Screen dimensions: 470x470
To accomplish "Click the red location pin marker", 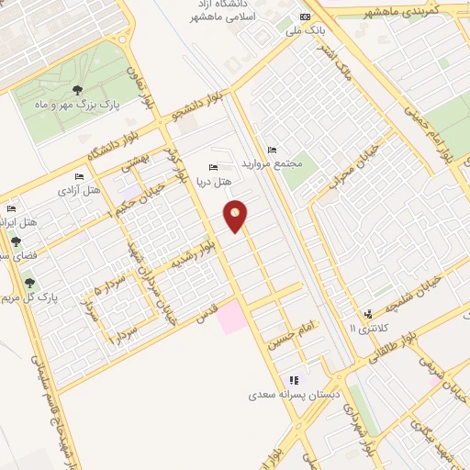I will tap(237, 216).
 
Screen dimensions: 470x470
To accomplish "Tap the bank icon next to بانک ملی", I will tap(306, 17).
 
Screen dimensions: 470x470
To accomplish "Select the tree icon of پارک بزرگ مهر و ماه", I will tap(77, 90).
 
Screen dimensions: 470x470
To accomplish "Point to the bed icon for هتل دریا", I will tap(214, 167).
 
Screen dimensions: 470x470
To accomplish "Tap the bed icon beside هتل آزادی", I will tap(79, 176).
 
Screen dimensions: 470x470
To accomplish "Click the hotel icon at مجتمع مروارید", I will tap(271, 150).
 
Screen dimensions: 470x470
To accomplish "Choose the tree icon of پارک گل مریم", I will tap(29, 283).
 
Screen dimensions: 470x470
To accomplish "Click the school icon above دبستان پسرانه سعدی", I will tap(294, 380).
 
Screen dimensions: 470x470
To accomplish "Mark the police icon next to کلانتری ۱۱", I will tap(368, 314).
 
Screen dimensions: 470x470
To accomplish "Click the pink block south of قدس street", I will tap(231, 319).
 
